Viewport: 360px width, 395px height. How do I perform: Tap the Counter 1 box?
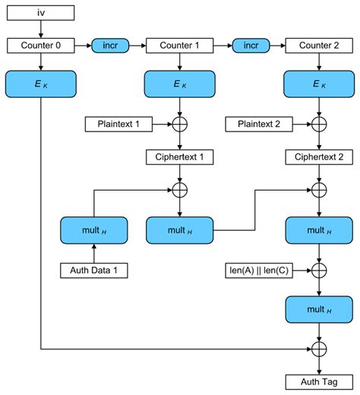click(x=179, y=46)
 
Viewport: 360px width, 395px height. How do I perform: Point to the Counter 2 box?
click(x=319, y=46)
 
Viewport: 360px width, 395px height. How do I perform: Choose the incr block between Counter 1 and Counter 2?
click(x=250, y=46)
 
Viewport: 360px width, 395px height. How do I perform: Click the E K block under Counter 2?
click(x=319, y=84)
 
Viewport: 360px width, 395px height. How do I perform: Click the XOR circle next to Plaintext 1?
click(x=179, y=123)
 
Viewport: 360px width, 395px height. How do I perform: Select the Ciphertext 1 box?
click(x=179, y=158)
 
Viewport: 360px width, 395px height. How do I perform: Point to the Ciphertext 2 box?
click(x=319, y=158)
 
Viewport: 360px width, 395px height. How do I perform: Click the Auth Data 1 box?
click(x=93, y=270)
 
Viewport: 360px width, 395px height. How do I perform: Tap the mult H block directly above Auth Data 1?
click(x=93, y=229)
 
